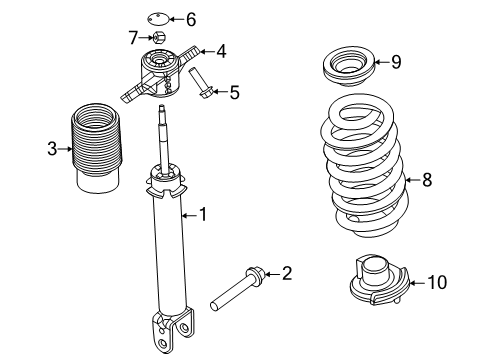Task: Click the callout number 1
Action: pos(203,213)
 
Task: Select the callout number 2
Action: pos(287,273)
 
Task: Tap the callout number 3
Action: pos(52,150)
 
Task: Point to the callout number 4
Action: pos(221,51)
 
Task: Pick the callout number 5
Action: pos(234,93)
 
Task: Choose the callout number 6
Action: pos(190,18)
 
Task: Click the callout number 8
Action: pos(427,180)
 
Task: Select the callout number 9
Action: pos(396,62)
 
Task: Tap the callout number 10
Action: pos(437,283)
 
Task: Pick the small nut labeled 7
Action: pos(159,38)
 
